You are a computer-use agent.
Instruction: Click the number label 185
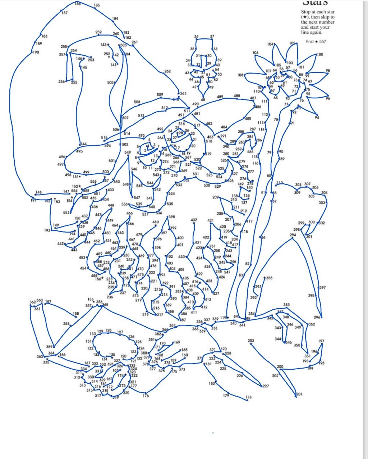(x=97, y=5)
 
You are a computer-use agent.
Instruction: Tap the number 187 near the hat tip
(x=64, y=13)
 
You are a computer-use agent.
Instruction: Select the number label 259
(x=98, y=32)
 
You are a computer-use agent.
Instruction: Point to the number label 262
(x=167, y=71)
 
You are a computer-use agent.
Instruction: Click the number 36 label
(x=196, y=37)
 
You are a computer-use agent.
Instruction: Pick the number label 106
(x=255, y=53)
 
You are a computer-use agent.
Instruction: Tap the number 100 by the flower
(x=320, y=55)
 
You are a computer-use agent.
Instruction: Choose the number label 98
(x=328, y=71)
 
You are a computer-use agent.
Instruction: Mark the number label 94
(x=317, y=117)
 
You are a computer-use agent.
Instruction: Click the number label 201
(x=299, y=394)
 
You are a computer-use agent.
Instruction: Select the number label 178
(x=249, y=397)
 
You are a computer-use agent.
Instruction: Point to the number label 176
(x=146, y=396)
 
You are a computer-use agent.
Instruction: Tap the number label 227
(x=266, y=386)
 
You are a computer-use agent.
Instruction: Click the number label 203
(x=251, y=341)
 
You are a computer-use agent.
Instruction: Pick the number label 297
(x=322, y=287)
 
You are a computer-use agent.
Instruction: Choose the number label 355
(x=269, y=278)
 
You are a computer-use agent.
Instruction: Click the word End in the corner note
(x=310, y=42)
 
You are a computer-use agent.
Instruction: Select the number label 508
(x=137, y=102)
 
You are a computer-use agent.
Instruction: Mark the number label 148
(x=38, y=192)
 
